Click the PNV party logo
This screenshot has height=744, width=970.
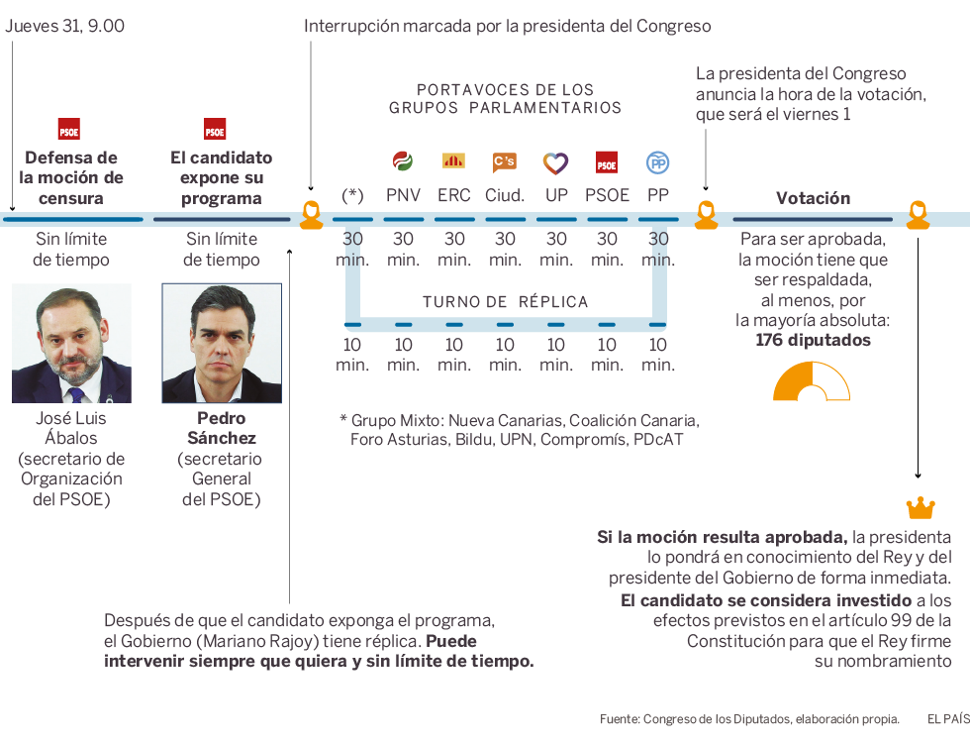[x=403, y=161]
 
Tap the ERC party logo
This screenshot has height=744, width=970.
[x=453, y=161]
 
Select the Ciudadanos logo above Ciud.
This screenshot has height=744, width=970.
[x=505, y=161]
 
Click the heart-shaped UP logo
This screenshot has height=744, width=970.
[x=556, y=162]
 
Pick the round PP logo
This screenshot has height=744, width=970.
[x=657, y=162]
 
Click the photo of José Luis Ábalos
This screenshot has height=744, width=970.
[x=71, y=344]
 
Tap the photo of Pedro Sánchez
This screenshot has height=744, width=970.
[x=222, y=344]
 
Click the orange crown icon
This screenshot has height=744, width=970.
[x=920, y=508]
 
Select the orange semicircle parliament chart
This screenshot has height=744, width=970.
[x=812, y=382]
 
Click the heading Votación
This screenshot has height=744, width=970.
[x=813, y=198]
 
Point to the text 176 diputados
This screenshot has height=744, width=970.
[x=813, y=340]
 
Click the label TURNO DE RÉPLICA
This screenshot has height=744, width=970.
[x=505, y=302]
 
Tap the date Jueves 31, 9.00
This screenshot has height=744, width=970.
[x=65, y=26]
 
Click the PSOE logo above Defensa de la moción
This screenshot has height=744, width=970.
[x=69, y=129]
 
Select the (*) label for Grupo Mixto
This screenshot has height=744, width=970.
[x=352, y=195]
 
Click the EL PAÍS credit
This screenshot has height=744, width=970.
[x=947, y=718]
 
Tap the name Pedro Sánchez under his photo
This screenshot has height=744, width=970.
[x=222, y=428]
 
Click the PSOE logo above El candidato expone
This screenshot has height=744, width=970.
[x=215, y=129]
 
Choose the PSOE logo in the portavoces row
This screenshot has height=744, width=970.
[x=607, y=162]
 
